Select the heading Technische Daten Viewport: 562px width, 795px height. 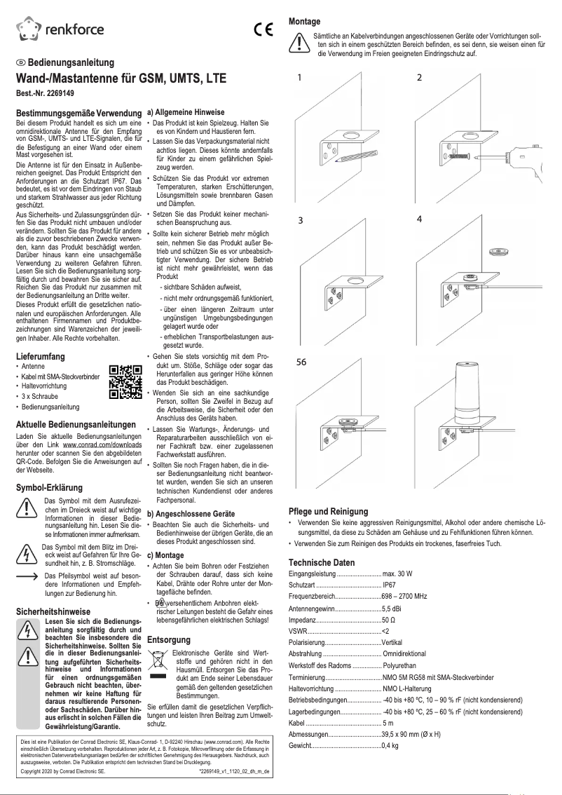322,562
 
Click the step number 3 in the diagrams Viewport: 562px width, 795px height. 300,219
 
